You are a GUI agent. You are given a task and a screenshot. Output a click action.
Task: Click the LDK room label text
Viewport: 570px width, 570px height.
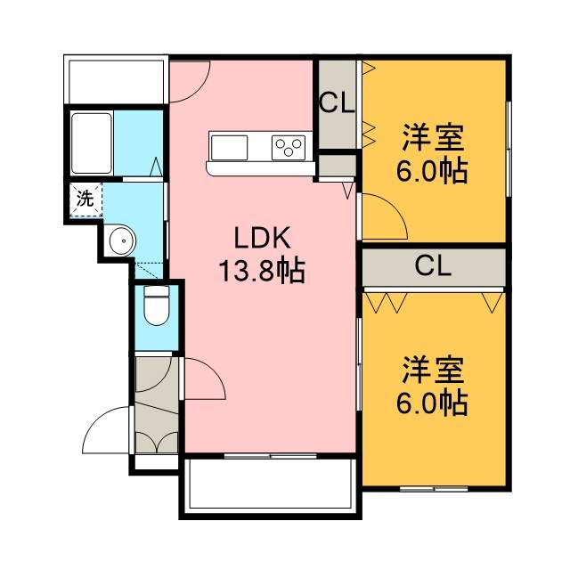coord(262,238)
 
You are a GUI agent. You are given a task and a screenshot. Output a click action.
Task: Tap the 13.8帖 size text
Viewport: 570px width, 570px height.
coord(261,271)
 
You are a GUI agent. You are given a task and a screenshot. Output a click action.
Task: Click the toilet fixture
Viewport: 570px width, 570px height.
coord(157,305)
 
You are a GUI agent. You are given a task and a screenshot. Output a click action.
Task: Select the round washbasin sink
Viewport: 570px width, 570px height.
coord(123,240)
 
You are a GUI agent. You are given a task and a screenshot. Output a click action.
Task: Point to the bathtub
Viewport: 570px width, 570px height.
coord(91,143)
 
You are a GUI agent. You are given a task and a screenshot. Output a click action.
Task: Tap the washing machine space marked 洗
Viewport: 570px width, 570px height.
coord(85,199)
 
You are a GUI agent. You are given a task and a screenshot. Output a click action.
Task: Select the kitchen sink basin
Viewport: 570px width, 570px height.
coord(229,147)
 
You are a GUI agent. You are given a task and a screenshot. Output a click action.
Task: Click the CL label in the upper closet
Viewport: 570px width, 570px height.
coord(337,103)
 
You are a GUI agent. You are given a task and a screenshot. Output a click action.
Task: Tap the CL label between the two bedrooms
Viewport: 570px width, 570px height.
coord(433,265)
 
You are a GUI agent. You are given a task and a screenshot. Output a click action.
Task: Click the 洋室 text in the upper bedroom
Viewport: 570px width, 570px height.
coord(433,138)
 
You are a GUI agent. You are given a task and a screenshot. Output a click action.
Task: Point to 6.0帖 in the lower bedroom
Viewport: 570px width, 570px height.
coord(431,403)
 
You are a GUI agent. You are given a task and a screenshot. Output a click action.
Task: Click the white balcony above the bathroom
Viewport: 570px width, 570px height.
coord(116,79)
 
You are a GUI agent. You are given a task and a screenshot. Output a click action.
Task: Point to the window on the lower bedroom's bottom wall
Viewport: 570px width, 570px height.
coord(434,489)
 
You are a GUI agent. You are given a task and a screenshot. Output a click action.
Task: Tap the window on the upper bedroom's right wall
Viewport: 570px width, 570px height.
coord(509,149)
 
